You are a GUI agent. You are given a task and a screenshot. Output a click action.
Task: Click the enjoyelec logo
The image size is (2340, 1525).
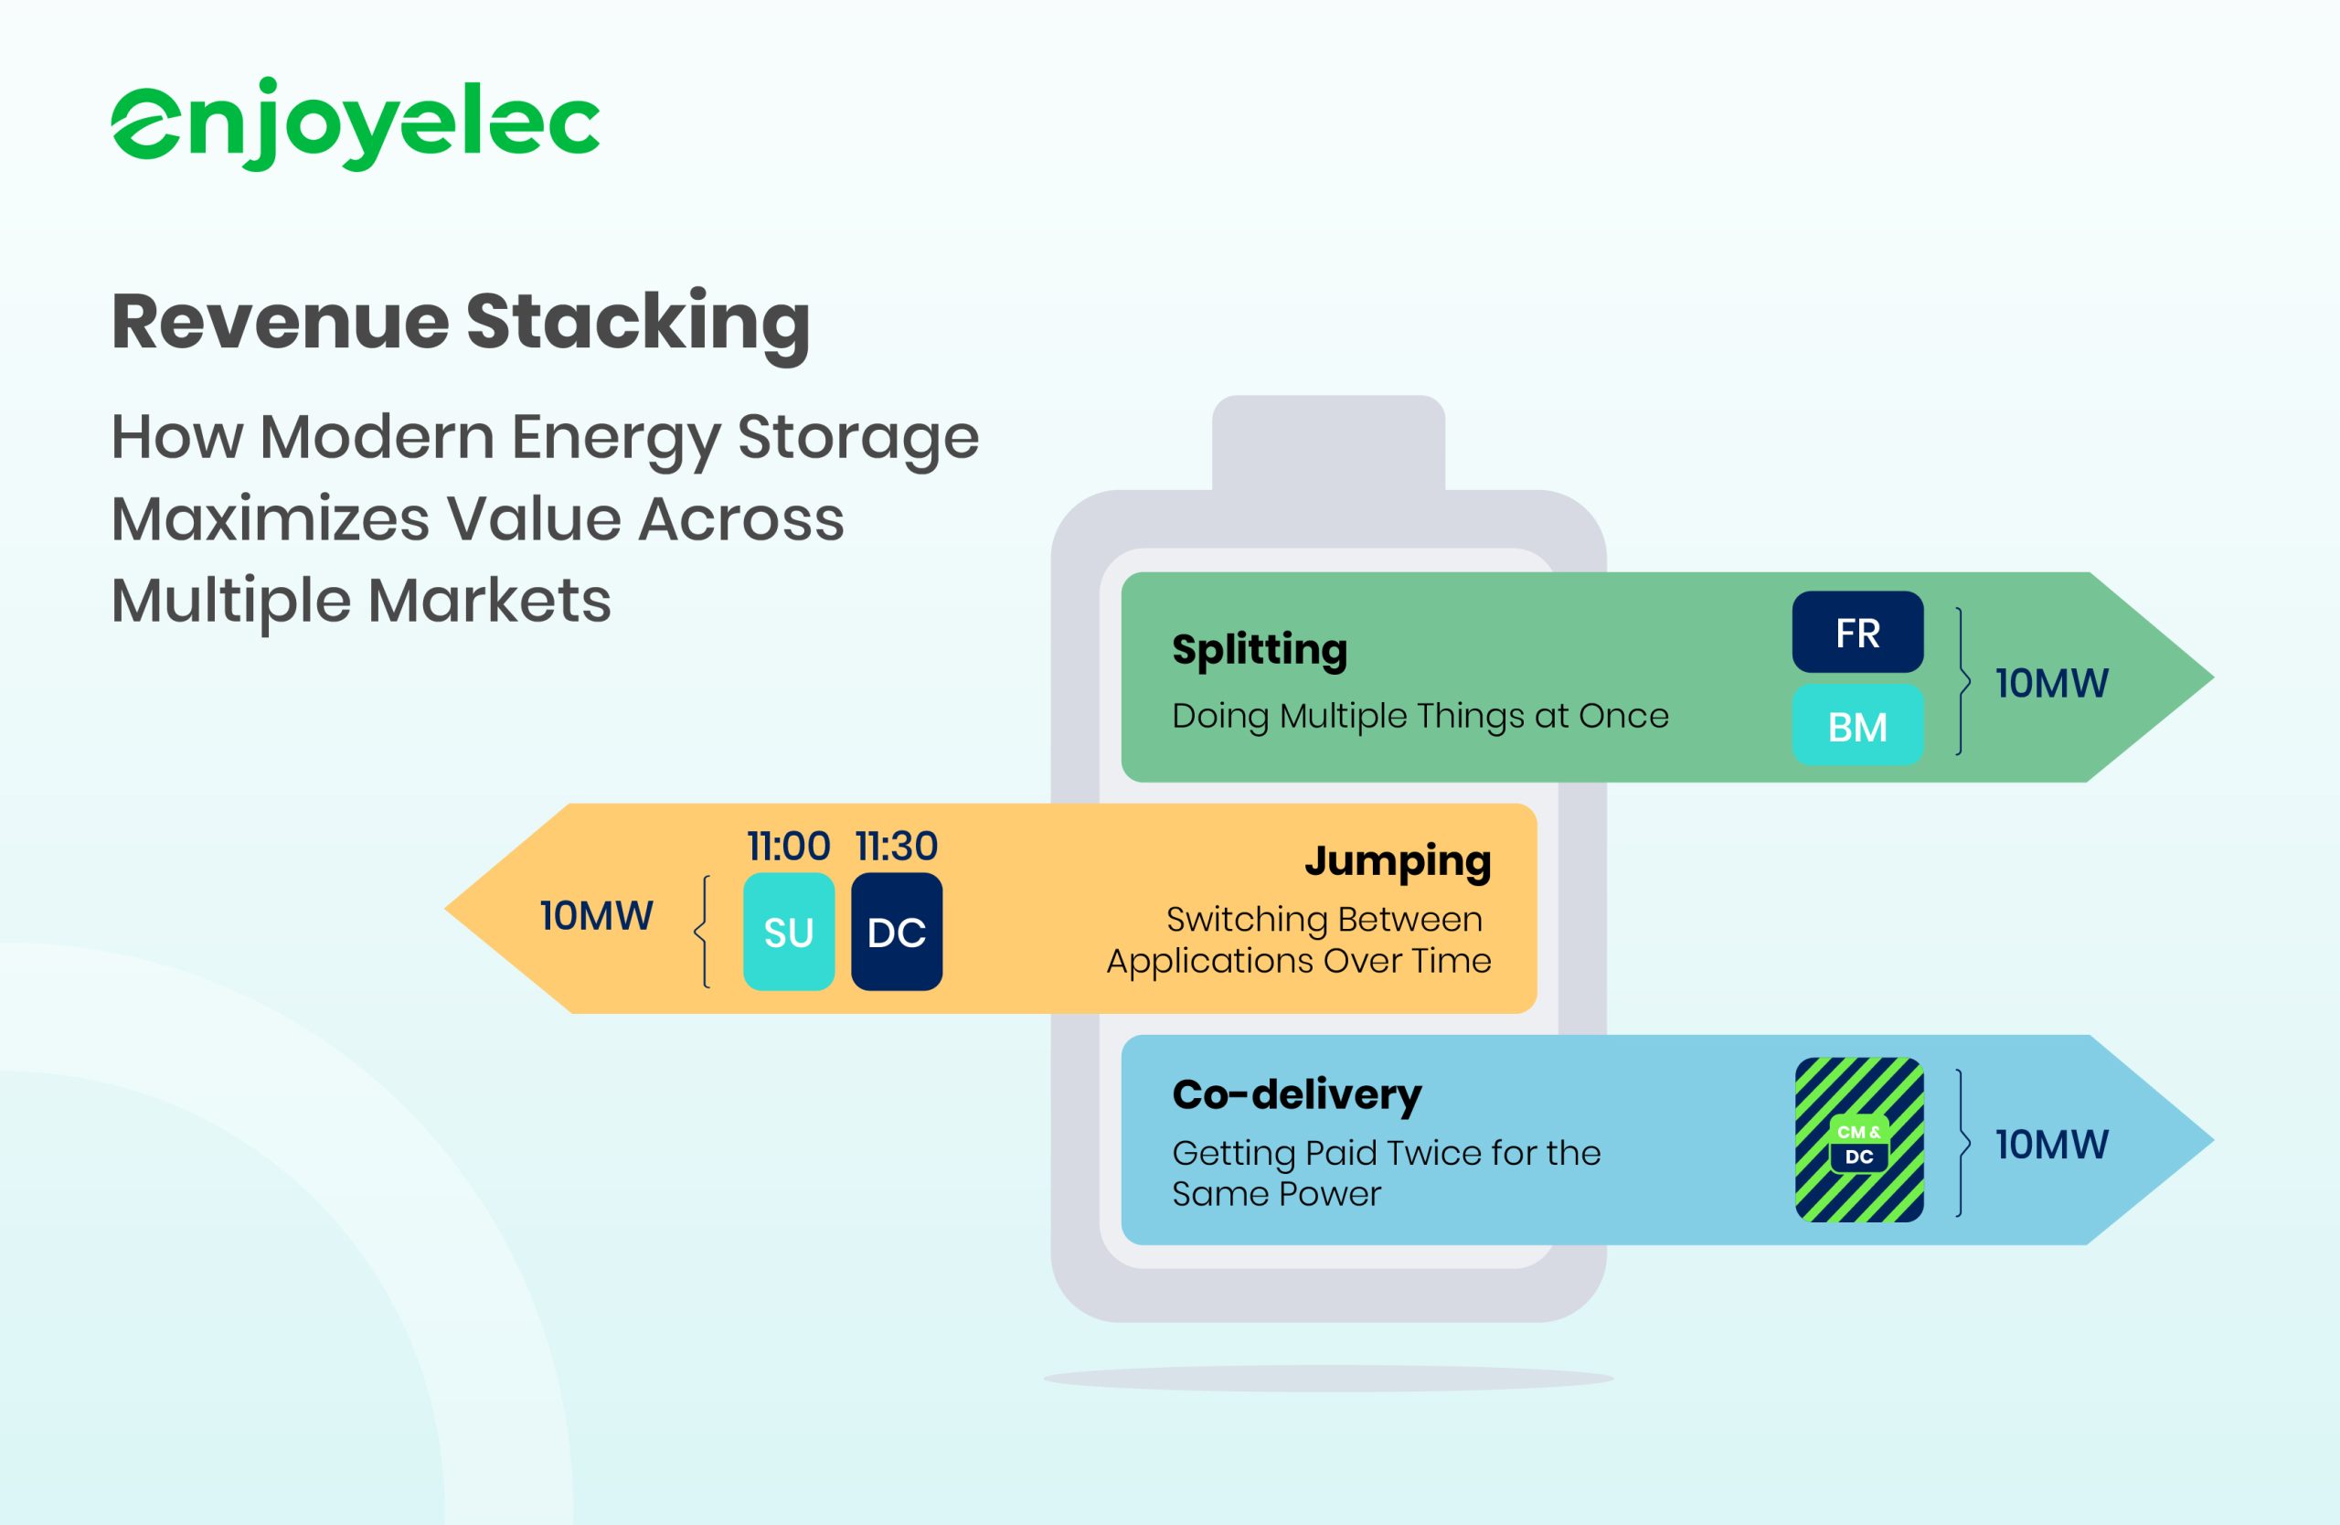click(355, 124)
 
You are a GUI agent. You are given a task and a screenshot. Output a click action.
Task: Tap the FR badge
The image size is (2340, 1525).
click(1857, 633)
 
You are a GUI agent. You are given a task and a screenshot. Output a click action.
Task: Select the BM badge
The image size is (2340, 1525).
click(1857, 726)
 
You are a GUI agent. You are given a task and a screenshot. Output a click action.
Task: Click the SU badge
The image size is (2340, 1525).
click(789, 931)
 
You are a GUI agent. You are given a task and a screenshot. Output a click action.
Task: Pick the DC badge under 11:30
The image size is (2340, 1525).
click(897, 931)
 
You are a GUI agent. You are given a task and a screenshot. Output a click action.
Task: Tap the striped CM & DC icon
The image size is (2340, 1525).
click(1859, 1139)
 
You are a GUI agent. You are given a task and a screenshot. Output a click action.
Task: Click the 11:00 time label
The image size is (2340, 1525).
click(789, 846)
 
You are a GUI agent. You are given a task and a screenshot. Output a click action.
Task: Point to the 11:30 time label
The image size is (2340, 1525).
click(897, 846)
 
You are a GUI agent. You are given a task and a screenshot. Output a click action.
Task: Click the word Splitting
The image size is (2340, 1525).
click(1260, 650)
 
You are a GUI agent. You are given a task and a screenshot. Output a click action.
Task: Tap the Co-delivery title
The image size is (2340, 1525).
click(1297, 1095)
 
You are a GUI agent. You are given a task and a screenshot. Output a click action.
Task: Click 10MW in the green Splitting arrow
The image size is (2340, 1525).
click(2052, 683)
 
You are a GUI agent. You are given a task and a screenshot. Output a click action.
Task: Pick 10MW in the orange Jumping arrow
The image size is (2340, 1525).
click(596, 915)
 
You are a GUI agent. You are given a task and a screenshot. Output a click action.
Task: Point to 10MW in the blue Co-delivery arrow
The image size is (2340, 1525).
click(2052, 1145)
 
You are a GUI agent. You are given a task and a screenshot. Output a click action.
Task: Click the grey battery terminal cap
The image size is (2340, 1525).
click(1328, 443)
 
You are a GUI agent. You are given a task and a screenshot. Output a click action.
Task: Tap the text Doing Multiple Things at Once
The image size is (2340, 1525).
click(1420, 717)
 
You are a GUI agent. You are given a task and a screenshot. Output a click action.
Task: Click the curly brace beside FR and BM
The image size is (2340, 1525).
click(1963, 680)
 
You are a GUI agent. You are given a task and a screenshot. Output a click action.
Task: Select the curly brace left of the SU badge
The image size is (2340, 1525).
click(702, 931)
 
